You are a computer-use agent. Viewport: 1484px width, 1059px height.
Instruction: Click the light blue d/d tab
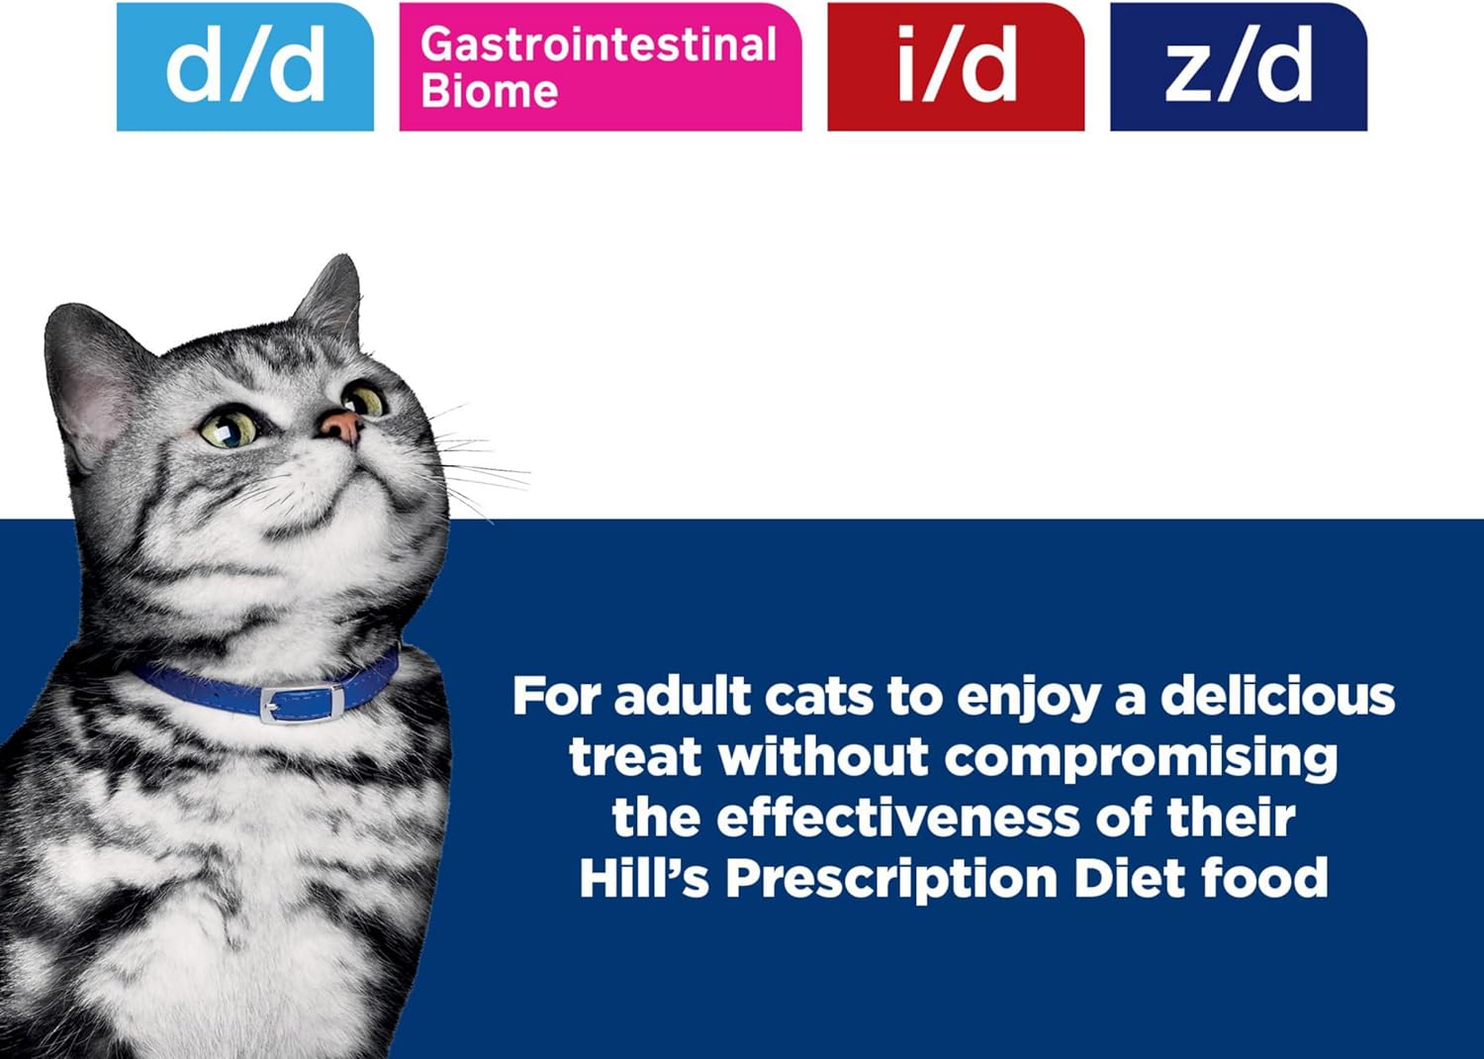245,67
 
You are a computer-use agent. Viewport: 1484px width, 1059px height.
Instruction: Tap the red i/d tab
956,67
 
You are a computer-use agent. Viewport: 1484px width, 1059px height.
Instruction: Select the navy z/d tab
1239,67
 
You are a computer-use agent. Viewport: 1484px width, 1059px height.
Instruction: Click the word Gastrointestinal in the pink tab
599,46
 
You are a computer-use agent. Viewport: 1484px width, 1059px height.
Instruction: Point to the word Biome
489,91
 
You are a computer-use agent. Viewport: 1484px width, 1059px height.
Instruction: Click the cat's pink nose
340,427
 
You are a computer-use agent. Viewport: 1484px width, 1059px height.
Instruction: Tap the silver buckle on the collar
302,702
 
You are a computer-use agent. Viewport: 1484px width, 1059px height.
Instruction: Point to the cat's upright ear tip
347,257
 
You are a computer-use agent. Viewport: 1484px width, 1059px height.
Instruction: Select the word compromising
1141,759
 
